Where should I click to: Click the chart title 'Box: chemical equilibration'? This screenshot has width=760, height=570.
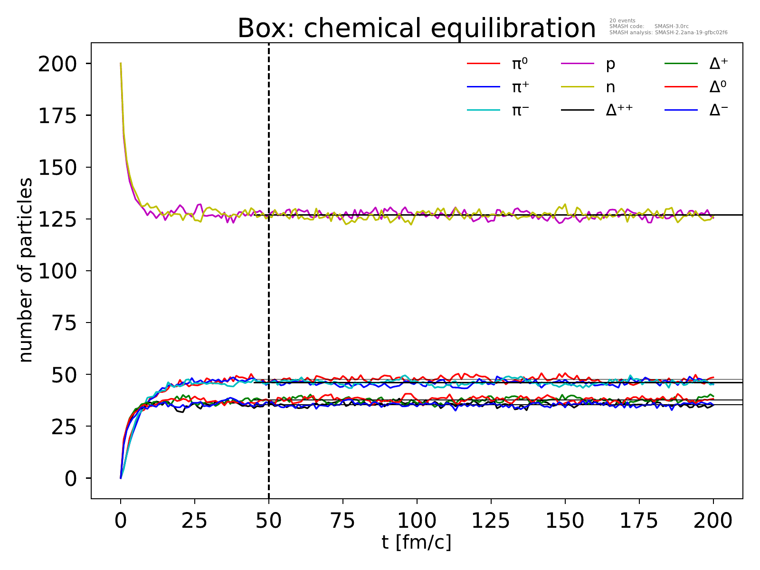[416, 28]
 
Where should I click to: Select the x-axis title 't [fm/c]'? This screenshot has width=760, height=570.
[417, 542]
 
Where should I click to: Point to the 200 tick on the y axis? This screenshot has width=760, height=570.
[57, 64]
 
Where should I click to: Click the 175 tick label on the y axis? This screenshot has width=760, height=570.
[57, 115]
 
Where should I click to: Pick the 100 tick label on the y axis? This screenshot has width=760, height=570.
[57, 271]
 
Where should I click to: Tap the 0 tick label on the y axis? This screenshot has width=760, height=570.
[70, 478]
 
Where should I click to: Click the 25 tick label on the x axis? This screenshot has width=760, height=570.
[195, 521]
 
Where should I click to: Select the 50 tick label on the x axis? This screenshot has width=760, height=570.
[269, 521]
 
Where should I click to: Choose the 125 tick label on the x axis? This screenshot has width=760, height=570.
[491, 521]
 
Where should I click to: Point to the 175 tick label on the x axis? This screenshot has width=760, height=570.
[639, 521]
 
